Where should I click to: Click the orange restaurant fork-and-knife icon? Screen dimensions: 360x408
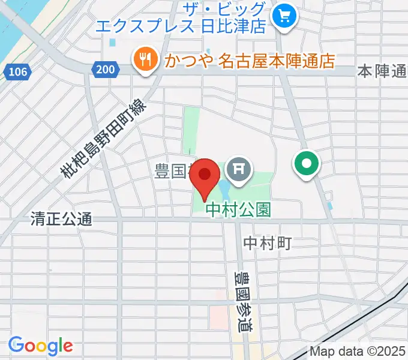pyautogui.click(x=145, y=59)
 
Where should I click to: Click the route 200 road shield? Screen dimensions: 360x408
pyautogui.click(x=104, y=70)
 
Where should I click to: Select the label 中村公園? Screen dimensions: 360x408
pyautogui.click(x=238, y=209)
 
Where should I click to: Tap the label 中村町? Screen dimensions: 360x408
pyautogui.click(x=268, y=244)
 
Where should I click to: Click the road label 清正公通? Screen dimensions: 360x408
pyautogui.click(x=61, y=220)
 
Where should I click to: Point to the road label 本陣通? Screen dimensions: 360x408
pyautogui.click(x=382, y=71)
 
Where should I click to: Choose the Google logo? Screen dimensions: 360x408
pyautogui.click(x=40, y=346)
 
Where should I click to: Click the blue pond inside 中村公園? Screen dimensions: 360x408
pyautogui.click(x=224, y=191)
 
